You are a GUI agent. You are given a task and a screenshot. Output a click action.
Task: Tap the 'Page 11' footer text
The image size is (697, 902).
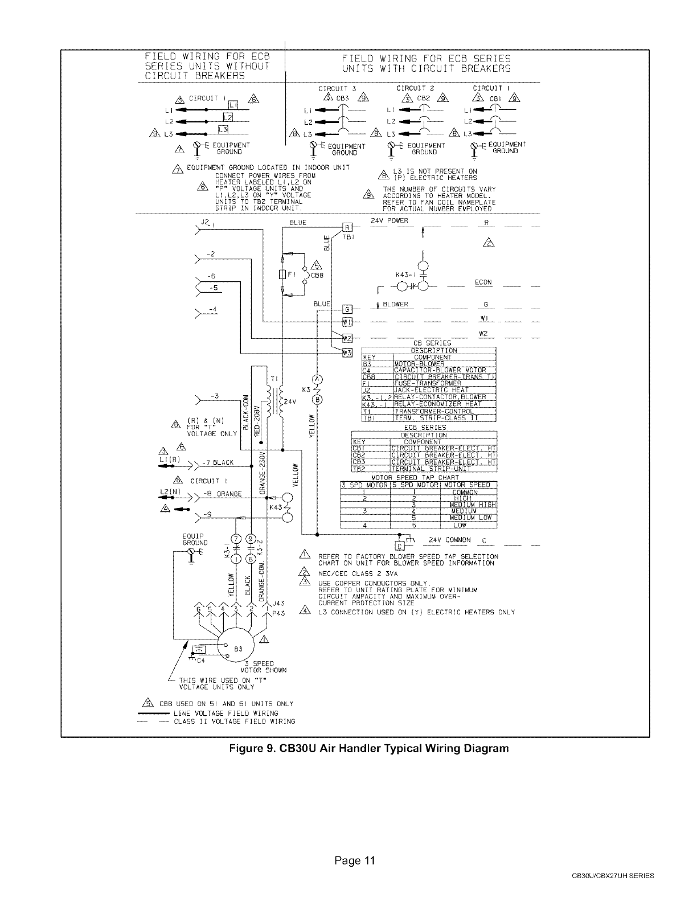tap(355, 861)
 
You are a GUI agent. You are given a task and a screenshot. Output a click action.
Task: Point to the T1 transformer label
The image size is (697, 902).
tap(273, 378)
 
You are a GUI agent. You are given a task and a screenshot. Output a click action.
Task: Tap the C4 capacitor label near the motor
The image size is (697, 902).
tap(200, 661)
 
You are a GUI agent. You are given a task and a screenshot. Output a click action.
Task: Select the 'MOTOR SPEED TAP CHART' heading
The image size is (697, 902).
tap(415, 478)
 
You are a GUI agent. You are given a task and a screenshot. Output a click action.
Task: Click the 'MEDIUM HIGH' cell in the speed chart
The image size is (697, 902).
tap(473, 505)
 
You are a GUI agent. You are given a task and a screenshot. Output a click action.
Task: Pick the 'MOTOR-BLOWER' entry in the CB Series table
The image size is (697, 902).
tap(419, 364)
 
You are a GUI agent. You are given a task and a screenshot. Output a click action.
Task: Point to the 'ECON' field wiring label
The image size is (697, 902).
tap(483, 282)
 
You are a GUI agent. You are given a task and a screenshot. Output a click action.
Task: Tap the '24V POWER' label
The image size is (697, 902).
tap(389, 220)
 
